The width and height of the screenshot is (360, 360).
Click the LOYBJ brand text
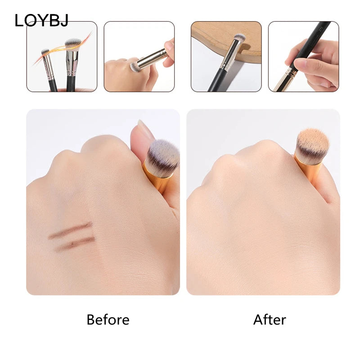(x=41, y=20)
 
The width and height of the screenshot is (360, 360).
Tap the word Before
(x=108, y=319)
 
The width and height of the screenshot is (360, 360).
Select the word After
(x=270, y=319)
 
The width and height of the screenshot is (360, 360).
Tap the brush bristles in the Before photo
(x=163, y=155)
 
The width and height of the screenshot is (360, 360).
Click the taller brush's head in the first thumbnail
(x=73, y=44)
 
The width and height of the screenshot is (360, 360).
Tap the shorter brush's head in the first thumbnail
(x=45, y=52)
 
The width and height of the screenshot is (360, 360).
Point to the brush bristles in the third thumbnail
(x=239, y=38)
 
